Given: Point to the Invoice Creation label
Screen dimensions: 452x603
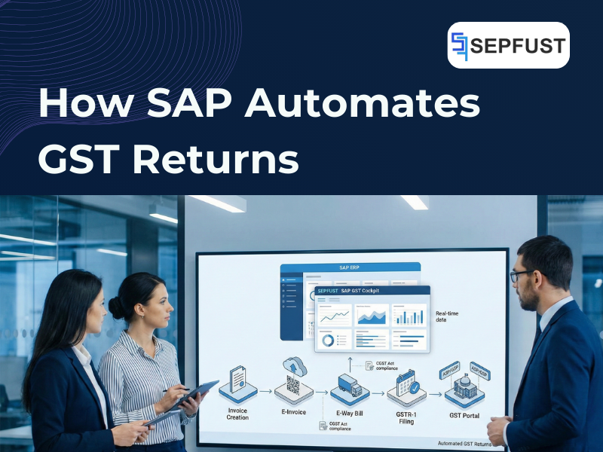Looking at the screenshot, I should click(x=237, y=413).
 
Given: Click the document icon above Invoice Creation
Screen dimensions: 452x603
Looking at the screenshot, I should click(x=237, y=381).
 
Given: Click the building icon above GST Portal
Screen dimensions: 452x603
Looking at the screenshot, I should click(x=461, y=386).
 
